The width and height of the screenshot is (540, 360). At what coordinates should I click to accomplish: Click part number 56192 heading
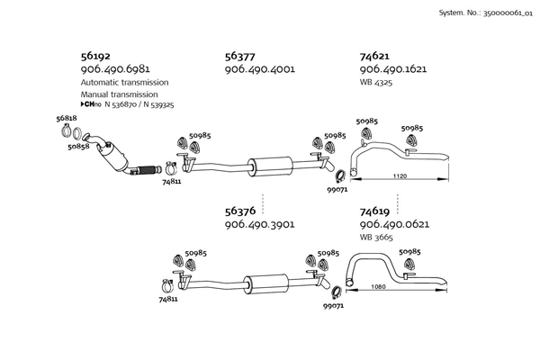coord(97,55)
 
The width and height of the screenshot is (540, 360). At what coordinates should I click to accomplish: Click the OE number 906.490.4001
coord(260,68)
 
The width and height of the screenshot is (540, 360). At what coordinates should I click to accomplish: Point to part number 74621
coord(375,55)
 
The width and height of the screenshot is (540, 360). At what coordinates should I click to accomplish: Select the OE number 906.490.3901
coord(260,224)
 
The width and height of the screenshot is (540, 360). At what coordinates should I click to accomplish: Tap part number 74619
coord(375,211)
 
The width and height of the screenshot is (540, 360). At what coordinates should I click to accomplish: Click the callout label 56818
coord(66,119)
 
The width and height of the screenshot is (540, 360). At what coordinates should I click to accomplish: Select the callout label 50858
coord(77,147)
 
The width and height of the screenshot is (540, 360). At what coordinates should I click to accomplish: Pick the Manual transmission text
coord(119,94)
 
